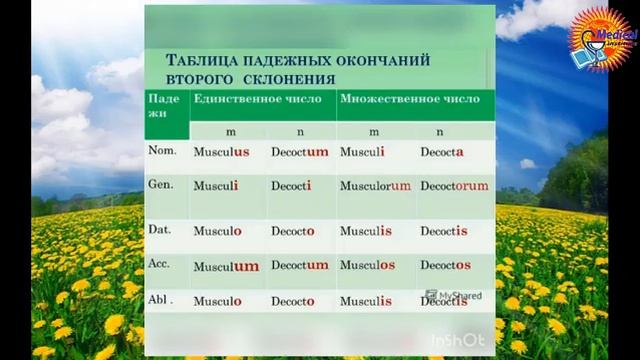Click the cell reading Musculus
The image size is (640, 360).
coord(221,153)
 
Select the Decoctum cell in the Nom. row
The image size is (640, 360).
coord(299,153)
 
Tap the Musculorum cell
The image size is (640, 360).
coord(375,186)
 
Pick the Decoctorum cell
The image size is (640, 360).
coord(454,186)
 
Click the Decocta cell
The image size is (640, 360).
coord(441,153)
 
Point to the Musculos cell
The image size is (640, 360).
coord(367,265)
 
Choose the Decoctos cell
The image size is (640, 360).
coord(445,265)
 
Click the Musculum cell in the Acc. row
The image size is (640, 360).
coord(226,266)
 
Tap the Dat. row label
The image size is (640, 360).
coord(160,229)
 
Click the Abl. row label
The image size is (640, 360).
coord(162,299)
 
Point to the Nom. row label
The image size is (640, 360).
coord(162,151)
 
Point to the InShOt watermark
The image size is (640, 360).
coord(459,340)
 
